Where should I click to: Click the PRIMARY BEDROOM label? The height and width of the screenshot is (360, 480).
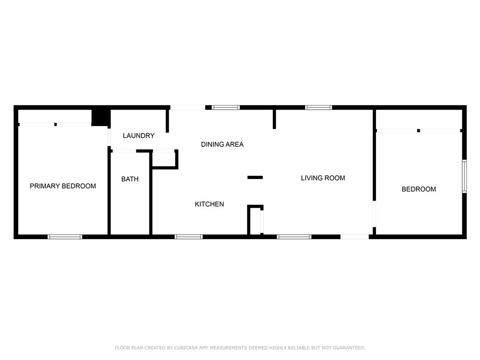click(x=63, y=186)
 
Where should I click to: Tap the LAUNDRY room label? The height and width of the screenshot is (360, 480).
click(x=138, y=136)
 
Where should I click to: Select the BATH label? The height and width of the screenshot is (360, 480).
click(x=130, y=179)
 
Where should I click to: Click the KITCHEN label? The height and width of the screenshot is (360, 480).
click(x=209, y=204)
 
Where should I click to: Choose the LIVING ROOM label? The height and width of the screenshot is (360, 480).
click(x=322, y=178)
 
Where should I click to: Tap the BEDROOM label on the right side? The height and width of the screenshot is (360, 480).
click(x=419, y=189)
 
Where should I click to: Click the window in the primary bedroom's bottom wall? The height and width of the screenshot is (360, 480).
click(x=65, y=237)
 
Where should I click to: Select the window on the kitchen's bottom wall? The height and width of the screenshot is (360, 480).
click(x=188, y=237)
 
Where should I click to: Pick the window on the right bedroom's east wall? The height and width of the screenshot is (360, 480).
click(x=464, y=176)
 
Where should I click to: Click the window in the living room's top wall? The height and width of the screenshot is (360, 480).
click(x=319, y=107)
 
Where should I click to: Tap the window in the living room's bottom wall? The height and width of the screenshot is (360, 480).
click(x=294, y=237)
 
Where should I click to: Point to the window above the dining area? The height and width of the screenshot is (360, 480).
click(x=226, y=107)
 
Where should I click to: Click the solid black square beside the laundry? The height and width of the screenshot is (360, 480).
click(x=100, y=117)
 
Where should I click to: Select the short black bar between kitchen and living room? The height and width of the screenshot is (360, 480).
click(x=255, y=177)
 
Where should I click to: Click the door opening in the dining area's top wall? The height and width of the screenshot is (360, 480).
click(x=187, y=107)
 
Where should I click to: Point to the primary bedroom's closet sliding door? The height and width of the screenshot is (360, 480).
click(x=55, y=124)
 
